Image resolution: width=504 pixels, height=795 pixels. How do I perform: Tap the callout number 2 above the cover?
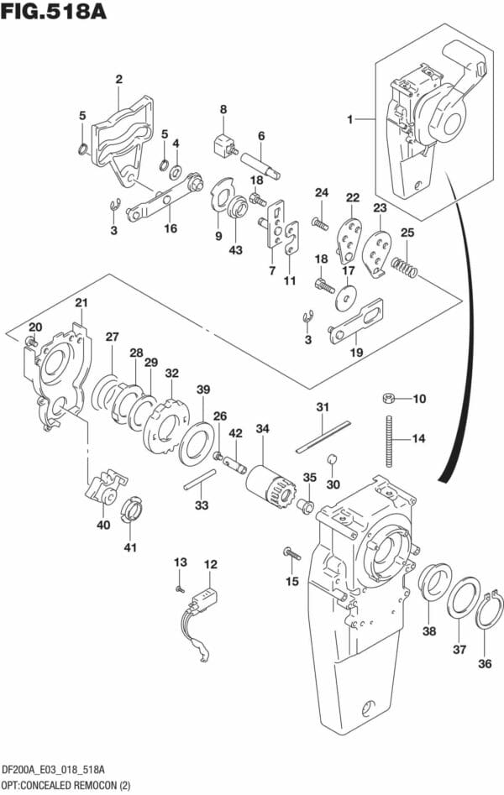tap(118, 80)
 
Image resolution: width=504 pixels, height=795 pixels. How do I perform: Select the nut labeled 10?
tap(390, 397)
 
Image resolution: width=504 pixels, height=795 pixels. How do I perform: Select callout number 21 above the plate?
tap(81, 303)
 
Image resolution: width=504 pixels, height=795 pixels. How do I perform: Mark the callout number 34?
tap(262, 429)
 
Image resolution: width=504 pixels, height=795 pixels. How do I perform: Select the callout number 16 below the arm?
tap(171, 228)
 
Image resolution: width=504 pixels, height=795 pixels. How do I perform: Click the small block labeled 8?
tap(223, 144)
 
